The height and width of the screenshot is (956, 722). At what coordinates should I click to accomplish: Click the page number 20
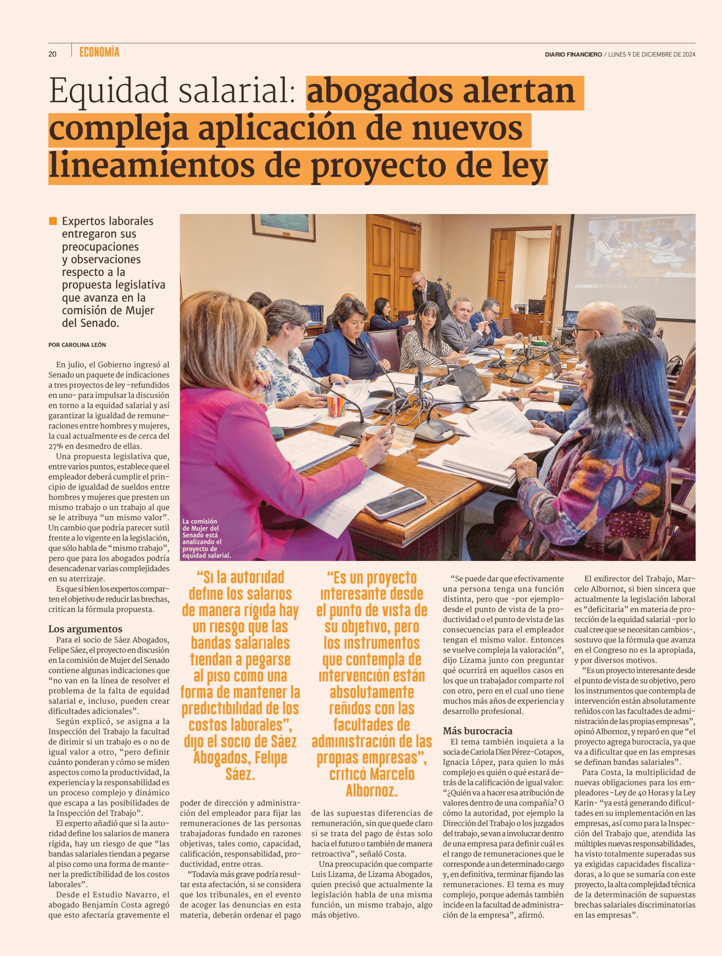pos(52,54)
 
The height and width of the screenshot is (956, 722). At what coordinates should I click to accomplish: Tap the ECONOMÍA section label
pos(99,53)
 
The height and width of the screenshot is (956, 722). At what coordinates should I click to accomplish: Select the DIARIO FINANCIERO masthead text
pos(573,55)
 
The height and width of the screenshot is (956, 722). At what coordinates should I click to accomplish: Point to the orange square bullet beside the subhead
pos(53,221)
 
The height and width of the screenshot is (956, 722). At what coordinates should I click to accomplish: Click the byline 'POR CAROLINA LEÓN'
pos(77,345)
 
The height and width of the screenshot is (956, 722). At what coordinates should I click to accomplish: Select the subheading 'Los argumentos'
pos(85,629)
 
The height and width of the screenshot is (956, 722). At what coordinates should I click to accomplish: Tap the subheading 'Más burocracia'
pos(477,730)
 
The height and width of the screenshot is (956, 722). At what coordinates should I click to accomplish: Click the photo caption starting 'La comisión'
pos(206,538)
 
